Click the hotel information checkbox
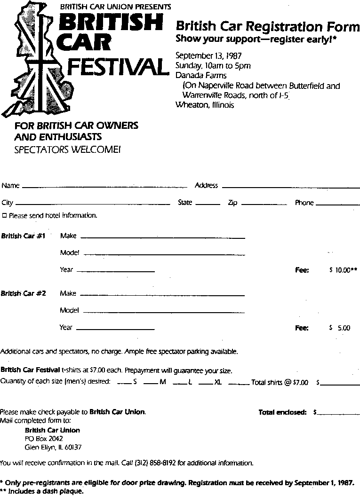tap(4, 216)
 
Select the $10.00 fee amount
tap(343, 270)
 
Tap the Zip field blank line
tap(264, 205)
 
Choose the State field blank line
tap(208, 205)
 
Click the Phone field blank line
tap(338, 205)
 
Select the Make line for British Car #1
tap(162, 238)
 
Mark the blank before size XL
tap(205, 384)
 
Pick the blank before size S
tap(124, 384)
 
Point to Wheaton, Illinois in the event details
tap(205, 105)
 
